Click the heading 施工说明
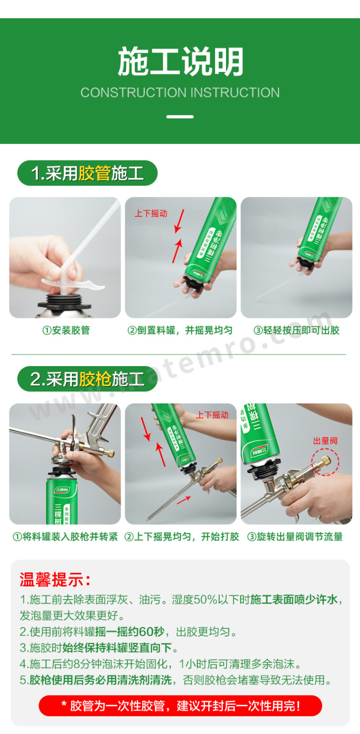pyautogui.click(x=180, y=61)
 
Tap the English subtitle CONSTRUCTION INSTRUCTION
pyautogui.click(x=180, y=93)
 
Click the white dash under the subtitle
pyautogui.click(x=180, y=117)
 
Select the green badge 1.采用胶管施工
pyautogui.click(x=87, y=173)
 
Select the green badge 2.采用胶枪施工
pyautogui.click(x=87, y=379)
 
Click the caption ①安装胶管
pyautogui.click(x=66, y=330)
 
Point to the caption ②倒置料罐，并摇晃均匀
pyautogui.click(x=180, y=330)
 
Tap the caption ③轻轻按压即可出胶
pyautogui.click(x=296, y=330)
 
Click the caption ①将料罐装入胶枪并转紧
pyautogui.click(x=65, y=537)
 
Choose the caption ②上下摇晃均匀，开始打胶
pyautogui.click(x=181, y=537)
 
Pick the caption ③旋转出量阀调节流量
pyautogui.click(x=295, y=537)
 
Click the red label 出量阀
pyautogui.click(x=325, y=441)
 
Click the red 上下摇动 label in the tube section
pyautogui.click(x=151, y=213)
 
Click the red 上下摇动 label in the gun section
pyautogui.click(x=212, y=415)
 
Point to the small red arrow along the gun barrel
pyautogui.click(x=184, y=500)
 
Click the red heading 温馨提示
pyautogui.click(x=55, y=580)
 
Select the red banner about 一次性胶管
pyautogui.click(x=180, y=706)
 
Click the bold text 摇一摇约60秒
pyautogui.click(x=130, y=631)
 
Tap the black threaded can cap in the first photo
pyautogui.click(x=64, y=302)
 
